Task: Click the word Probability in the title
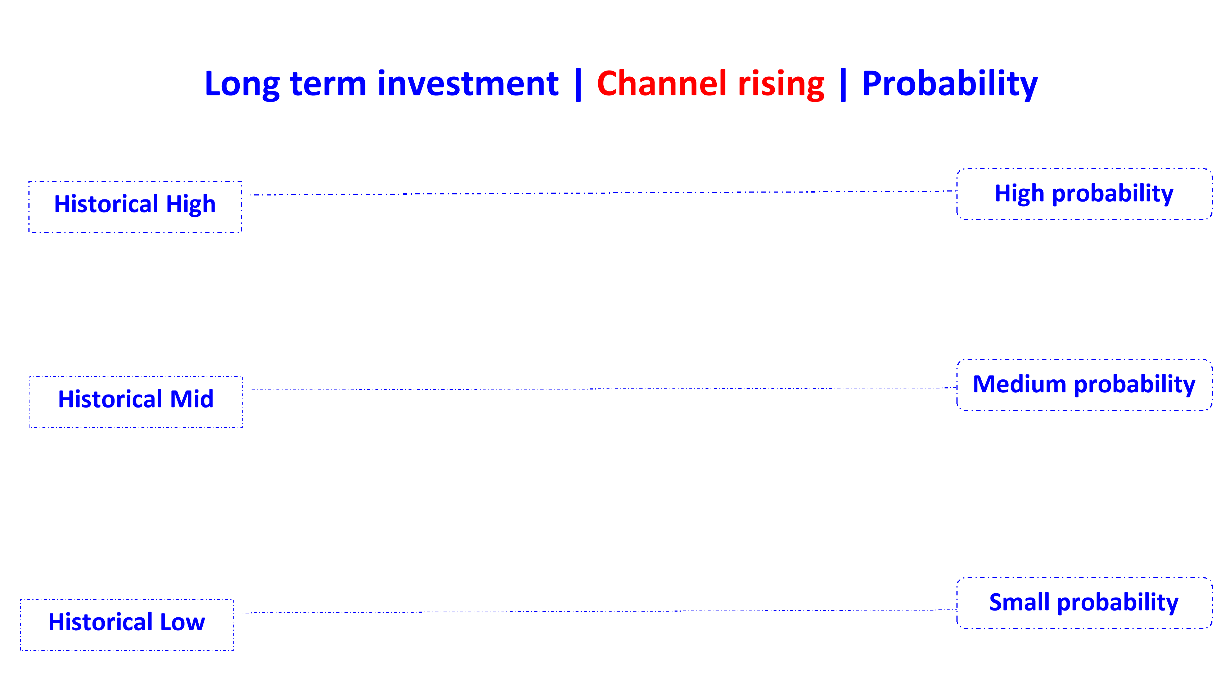950,85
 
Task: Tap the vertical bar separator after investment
578,85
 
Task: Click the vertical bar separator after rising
843,85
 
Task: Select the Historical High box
135,207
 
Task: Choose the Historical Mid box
136,402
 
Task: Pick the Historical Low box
127,625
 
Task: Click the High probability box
1084,194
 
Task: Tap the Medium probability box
1084,385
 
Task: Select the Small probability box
1084,603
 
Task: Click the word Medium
1019,384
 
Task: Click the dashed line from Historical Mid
604,389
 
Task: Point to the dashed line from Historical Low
599,611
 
